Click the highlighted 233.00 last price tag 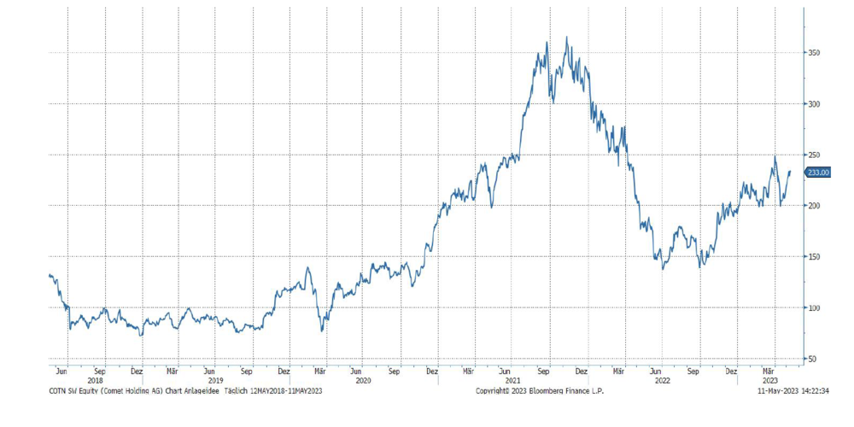819,172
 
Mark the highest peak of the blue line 566,37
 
